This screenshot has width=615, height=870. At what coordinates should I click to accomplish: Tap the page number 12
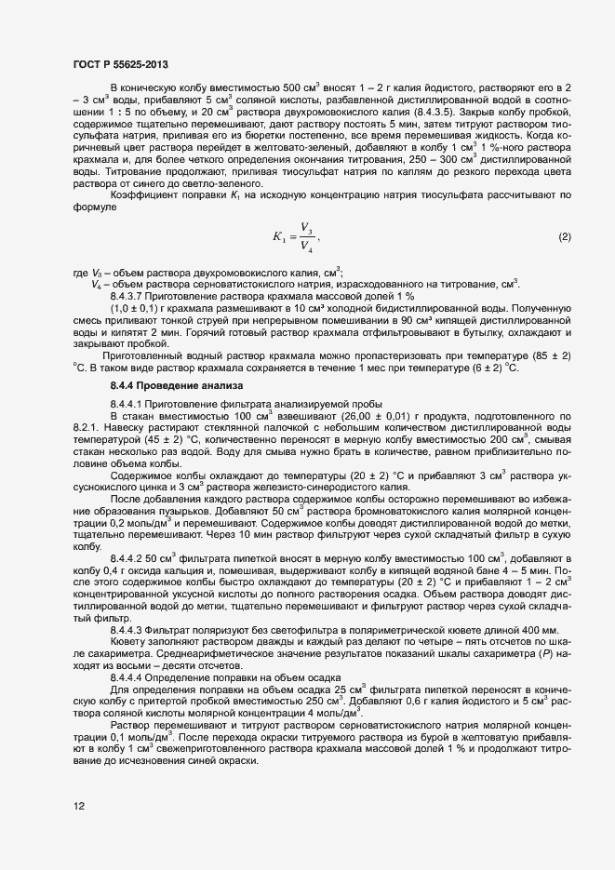(79, 807)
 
